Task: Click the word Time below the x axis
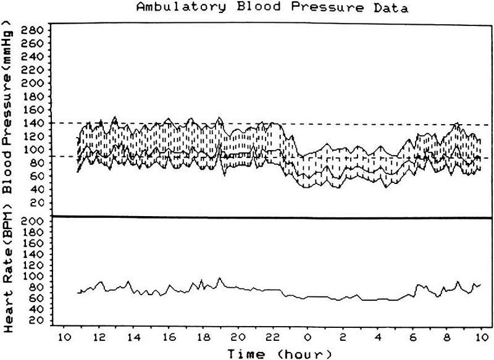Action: (x=246, y=354)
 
